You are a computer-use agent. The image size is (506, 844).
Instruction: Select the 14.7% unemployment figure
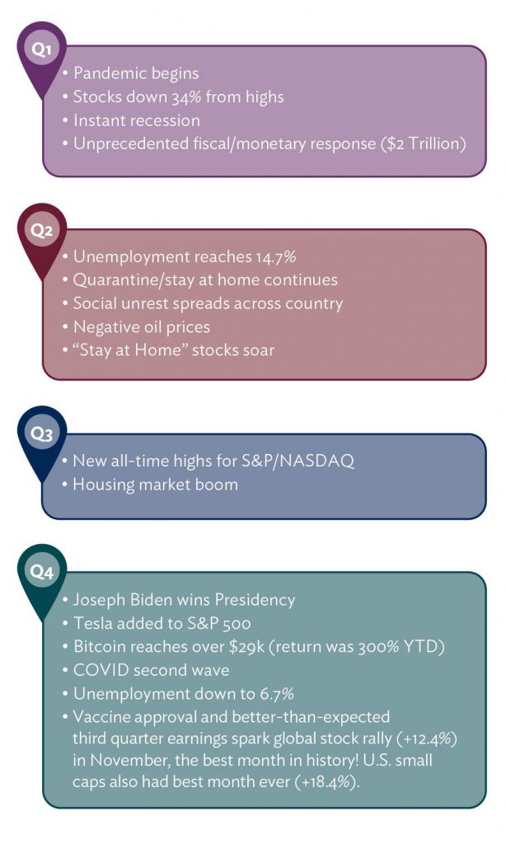(276, 257)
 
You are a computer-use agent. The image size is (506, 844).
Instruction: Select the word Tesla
(93, 623)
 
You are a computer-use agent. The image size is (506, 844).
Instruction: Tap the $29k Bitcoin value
(246, 646)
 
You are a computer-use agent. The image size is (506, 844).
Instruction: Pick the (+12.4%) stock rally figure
(426, 738)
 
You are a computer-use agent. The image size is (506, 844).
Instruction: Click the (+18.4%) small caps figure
(327, 781)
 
